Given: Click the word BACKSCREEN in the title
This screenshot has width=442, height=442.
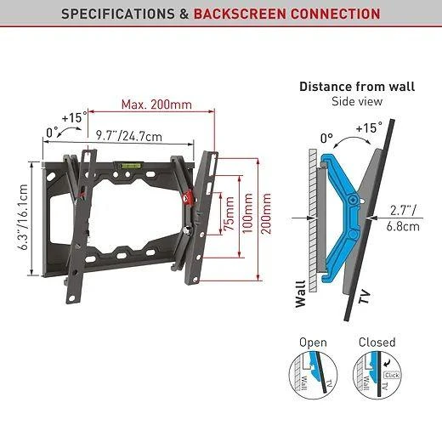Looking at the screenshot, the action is pyautogui.click(x=240, y=14).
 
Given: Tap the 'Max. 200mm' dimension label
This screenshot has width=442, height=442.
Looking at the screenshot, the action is pyautogui.click(x=156, y=105).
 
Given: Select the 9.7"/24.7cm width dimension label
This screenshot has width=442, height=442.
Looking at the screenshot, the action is pyautogui.click(x=129, y=137).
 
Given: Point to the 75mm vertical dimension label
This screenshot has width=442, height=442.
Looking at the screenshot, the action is pyautogui.click(x=229, y=213).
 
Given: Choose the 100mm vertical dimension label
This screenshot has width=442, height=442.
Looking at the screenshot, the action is pyautogui.click(x=247, y=213).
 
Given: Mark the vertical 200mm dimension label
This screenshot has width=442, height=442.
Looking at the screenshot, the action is pyautogui.click(x=265, y=213).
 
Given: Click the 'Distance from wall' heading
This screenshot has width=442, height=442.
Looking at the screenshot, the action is pyautogui.click(x=357, y=87).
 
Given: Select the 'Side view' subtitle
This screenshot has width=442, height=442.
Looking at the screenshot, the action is pyautogui.click(x=357, y=101).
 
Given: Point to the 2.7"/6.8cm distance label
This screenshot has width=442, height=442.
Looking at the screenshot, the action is pyautogui.click(x=403, y=218).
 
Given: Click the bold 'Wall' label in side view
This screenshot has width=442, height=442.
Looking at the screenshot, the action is pyautogui.click(x=301, y=294).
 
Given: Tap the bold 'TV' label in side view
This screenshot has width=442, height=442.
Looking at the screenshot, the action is pyautogui.click(x=365, y=297).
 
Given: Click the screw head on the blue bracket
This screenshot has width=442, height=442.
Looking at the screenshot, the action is pyautogui.click(x=353, y=200).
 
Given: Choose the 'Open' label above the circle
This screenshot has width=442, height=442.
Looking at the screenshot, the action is pyautogui.click(x=313, y=343).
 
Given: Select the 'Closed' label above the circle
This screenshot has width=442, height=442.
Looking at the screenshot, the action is pyautogui.click(x=377, y=343).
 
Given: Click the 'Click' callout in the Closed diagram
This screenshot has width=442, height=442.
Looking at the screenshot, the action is pyautogui.click(x=392, y=375).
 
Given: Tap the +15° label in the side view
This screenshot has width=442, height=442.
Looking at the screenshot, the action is pyautogui.click(x=369, y=127).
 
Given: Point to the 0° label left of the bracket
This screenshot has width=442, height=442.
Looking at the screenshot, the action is pyautogui.click(x=52, y=133).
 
